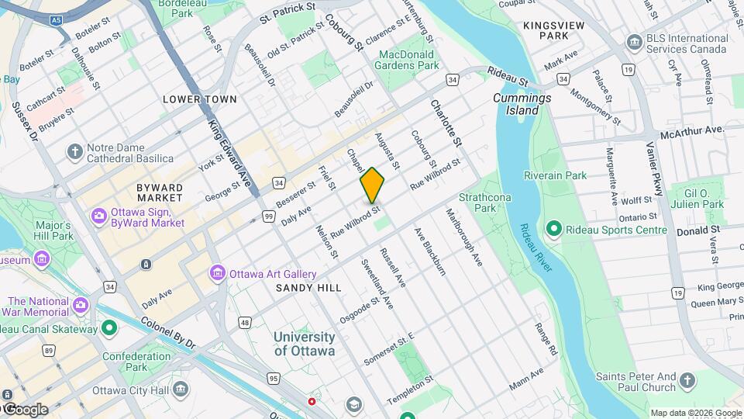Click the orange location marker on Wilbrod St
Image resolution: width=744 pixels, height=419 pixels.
[372, 185]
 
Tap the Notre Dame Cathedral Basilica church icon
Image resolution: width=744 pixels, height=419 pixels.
[75, 150]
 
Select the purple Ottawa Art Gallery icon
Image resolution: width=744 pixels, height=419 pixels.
[217, 274]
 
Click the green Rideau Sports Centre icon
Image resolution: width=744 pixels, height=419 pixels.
[553, 230]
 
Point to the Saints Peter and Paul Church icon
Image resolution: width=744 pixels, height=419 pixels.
[687, 379]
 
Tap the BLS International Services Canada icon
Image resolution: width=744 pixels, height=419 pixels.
[635, 40]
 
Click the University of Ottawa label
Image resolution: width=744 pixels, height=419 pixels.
[305, 344]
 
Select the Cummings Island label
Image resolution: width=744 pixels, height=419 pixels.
[522, 104]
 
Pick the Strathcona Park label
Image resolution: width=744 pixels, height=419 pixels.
[484, 203]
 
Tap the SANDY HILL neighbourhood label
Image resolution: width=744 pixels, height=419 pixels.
[308, 288]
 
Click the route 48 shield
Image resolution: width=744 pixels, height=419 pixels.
[245, 321]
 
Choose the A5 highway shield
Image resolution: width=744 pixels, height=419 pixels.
[55, 19]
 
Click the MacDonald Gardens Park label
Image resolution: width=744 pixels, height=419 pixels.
[409, 60]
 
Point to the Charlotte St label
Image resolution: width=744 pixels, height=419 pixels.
[446, 123]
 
